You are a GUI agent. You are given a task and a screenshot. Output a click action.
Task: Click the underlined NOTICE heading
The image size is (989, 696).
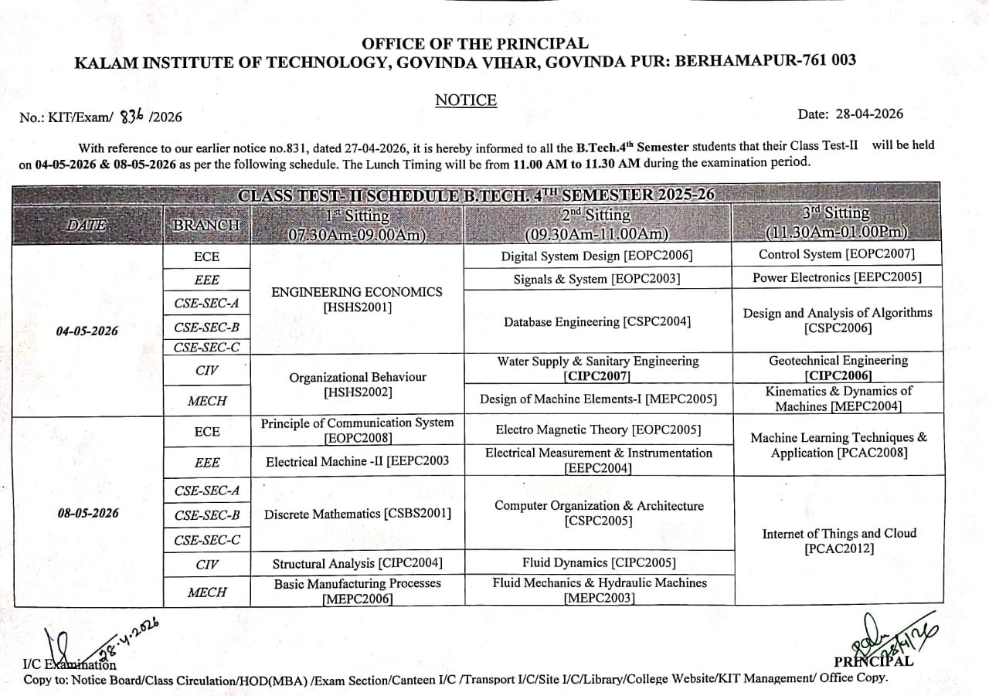[x=466, y=100]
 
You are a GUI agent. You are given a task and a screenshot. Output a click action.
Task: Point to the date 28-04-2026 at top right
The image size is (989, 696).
[x=866, y=114]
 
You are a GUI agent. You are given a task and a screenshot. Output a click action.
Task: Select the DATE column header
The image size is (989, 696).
[x=87, y=225]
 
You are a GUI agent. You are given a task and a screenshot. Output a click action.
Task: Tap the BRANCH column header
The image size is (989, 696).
[x=206, y=225]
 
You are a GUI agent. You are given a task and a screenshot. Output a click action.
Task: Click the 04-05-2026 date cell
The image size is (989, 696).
[x=87, y=331]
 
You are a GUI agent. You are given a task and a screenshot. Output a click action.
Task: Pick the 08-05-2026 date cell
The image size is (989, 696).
[x=88, y=512]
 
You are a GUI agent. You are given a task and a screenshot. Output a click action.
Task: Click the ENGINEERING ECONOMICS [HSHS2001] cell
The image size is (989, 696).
[x=357, y=300]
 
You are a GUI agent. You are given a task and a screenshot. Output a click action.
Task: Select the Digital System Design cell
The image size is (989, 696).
[x=596, y=256]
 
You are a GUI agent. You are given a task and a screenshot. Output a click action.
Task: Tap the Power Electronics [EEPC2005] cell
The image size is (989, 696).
[x=837, y=277]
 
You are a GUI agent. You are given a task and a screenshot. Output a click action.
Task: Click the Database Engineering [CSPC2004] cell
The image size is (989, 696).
[x=596, y=321]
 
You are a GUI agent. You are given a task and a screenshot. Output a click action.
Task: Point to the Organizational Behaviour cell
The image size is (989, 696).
[x=357, y=385]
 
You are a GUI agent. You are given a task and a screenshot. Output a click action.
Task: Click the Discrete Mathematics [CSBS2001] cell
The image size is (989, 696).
[x=357, y=513]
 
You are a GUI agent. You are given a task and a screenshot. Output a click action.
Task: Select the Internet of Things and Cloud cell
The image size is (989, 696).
[x=839, y=541]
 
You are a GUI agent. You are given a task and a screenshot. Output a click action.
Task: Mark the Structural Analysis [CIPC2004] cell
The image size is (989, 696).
[x=357, y=563]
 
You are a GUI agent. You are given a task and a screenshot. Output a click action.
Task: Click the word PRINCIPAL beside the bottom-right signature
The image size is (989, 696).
[x=873, y=662]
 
